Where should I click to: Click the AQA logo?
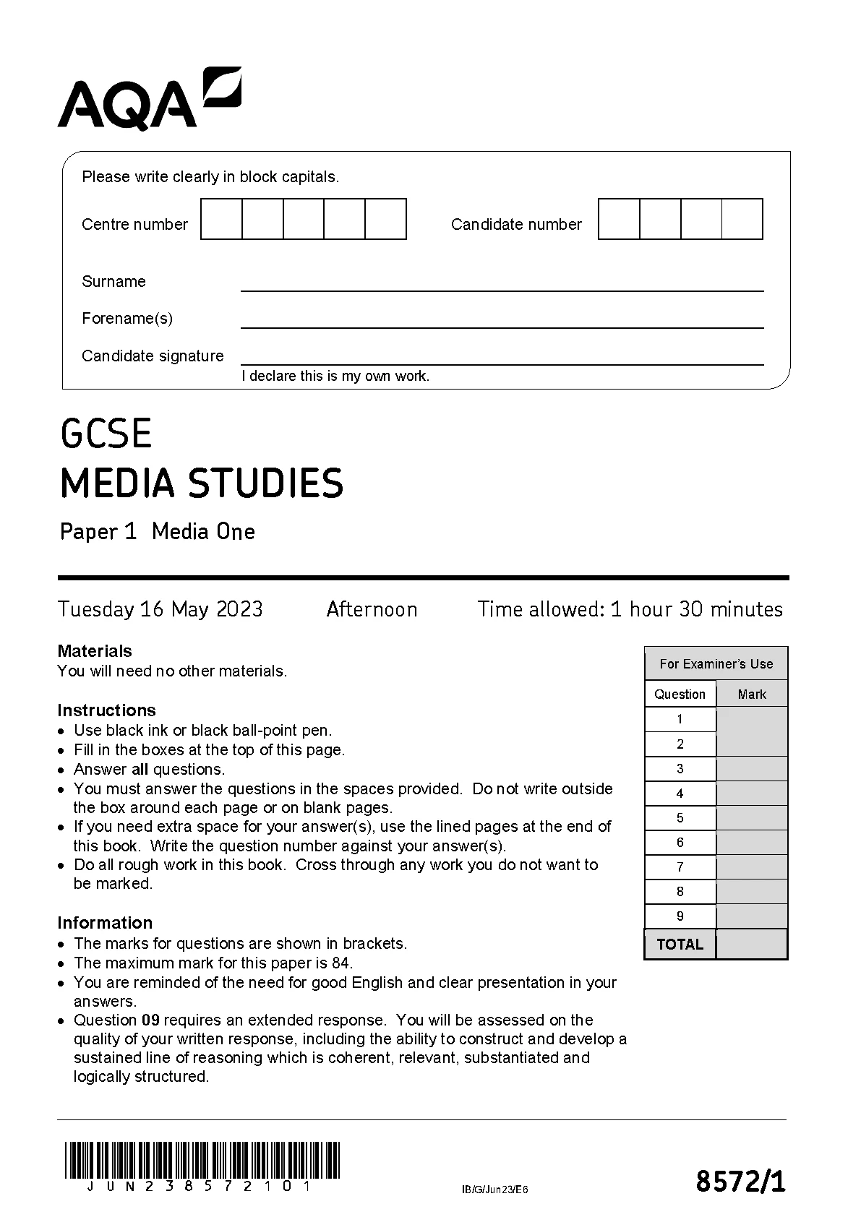click(x=149, y=99)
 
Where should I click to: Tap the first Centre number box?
click(x=221, y=219)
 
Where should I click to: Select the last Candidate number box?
click(x=742, y=219)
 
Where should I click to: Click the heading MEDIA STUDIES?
click(x=202, y=483)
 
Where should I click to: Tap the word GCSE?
click(x=106, y=434)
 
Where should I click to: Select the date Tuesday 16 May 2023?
click(x=160, y=609)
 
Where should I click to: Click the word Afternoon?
click(x=372, y=609)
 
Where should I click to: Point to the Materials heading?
click(x=95, y=651)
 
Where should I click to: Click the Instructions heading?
click(x=106, y=710)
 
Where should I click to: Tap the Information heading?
click(x=105, y=923)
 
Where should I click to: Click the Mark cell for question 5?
click(x=751, y=817)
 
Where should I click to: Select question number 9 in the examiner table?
click(x=680, y=916)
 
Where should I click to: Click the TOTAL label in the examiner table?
click(x=680, y=944)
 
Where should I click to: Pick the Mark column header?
click(x=751, y=694)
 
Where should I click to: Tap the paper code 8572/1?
click(x=740, y=1182)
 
